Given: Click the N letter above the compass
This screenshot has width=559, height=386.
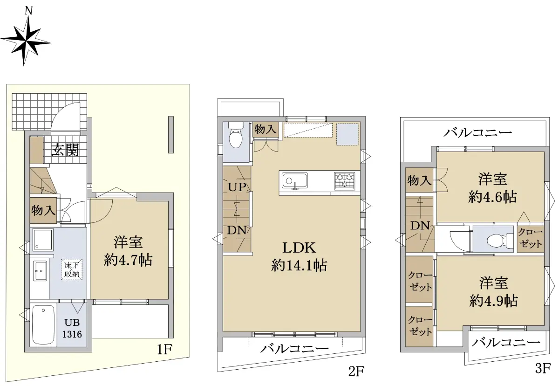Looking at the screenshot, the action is pos(29,11).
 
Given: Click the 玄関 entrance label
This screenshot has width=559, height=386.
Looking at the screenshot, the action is pos(65,150).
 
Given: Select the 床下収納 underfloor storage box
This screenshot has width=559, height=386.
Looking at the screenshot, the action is pos(72,269).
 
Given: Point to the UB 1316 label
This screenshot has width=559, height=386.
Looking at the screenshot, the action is pos(72,328).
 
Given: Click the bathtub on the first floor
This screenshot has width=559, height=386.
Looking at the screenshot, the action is pos(43,325).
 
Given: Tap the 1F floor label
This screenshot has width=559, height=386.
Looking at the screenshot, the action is pos(164,349).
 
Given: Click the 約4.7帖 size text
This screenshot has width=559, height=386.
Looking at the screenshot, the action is pos(128,261).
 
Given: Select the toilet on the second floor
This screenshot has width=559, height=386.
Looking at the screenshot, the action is pos(236,136).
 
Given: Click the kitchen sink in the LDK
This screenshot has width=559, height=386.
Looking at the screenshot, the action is pos(295,181).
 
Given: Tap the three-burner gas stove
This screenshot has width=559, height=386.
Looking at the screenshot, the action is pos(344,181).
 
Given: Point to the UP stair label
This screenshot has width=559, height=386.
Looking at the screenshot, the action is pos(237,187).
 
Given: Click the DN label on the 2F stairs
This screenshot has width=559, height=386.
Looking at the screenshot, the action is pos(237,230).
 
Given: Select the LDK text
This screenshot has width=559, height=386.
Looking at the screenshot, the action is pos(299,248).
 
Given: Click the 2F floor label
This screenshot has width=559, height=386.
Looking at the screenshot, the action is pos(356,371).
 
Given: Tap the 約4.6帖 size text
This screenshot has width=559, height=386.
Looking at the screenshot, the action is pos(492,197).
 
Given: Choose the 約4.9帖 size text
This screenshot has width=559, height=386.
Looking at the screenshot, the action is pos(493,301).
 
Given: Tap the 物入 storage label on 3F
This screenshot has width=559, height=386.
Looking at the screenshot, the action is pos(419,180).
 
